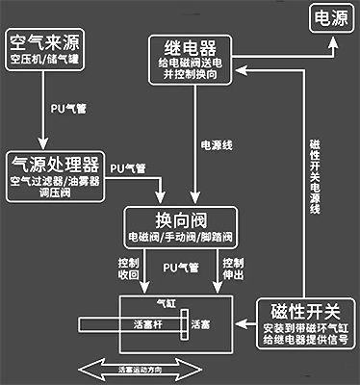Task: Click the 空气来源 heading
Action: click(x=46, y=41)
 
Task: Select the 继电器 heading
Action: click(x=191, y=46)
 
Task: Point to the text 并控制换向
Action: click(x=191, y=78)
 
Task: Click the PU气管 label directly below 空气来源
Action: click(x=67, y=109)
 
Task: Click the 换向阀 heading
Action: click(x=179, y=217)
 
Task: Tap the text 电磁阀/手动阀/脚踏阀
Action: click(x=179, y=236)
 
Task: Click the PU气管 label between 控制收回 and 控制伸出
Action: click(x=180, y=267)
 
